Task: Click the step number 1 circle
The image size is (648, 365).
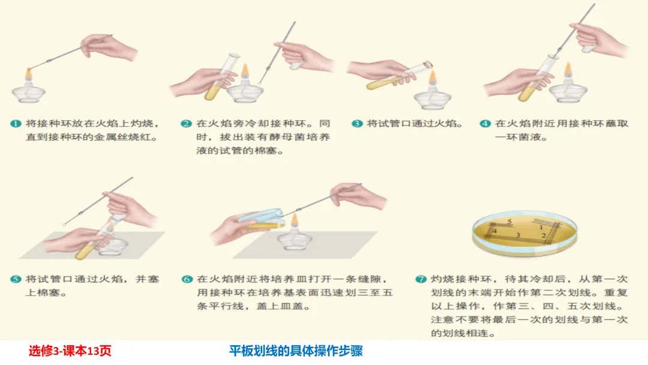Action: click(x=16, y=124)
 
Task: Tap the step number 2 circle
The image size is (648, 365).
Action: click(x=187, y=124)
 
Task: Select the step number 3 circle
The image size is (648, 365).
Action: click(x=357, y=124)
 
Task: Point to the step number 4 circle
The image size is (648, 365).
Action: click(x=485, y=124)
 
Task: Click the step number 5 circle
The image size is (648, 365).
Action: click(x=16, y=279)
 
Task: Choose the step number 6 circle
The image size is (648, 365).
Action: click(x=187, y=279)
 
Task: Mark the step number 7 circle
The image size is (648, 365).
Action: click(x=421, y=279)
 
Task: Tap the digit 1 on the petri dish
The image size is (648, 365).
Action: click(x=541, y=228)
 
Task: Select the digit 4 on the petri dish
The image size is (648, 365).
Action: click(x=494, y=231)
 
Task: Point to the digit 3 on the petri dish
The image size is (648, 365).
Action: click(x=518, y=235)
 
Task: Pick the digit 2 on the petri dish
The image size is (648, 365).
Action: click(x=544, y=235)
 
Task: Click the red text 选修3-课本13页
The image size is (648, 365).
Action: click(x=70, y=351)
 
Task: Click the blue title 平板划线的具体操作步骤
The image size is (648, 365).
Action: click(x=296, y=351)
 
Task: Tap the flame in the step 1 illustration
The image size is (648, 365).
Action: click(x=29, y=74)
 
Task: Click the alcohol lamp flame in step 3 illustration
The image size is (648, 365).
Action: click(x=432, y=77)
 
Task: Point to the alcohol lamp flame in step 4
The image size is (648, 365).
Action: click(x=568, y=69)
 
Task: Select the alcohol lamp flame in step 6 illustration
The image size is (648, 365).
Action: click(x=294, y=221)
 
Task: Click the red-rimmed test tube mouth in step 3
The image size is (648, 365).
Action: click(x=428, y=64)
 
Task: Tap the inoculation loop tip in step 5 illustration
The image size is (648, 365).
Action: click(x=64, y=225)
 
